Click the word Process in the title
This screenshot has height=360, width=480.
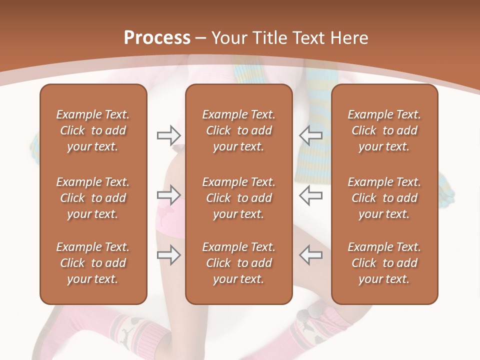(157, 38)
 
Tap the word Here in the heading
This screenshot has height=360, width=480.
(349, 38)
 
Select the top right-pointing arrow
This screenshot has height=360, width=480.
(168, 135)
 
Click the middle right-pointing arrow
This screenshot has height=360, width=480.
(168, 194)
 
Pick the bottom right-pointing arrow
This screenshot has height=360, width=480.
(168, 254)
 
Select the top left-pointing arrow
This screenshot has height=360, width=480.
(310, 135)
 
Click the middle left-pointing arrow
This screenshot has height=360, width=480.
(310, 194)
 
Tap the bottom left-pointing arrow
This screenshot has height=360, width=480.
(310, 254)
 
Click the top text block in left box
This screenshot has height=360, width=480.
(93, 130)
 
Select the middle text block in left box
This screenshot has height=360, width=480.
(93, 198)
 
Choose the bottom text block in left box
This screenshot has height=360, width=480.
(93, 263)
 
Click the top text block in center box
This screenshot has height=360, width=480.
(239, 130)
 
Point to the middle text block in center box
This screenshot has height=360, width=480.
(239, 198)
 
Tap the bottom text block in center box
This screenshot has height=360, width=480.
(239, 263)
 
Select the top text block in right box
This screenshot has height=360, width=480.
(384, 130)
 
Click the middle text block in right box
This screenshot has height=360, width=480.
(384, 198)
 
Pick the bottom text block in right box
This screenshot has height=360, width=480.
(384, 263)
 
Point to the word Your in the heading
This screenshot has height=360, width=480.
(227, 38)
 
